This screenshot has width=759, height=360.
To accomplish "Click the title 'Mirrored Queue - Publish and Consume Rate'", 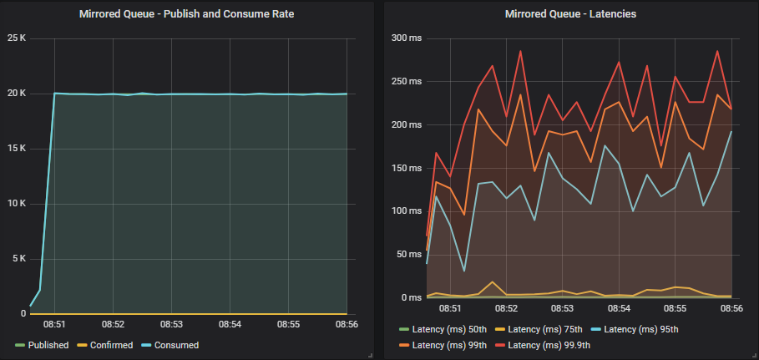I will (187, 14).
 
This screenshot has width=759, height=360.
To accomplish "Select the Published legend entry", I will (48, 345).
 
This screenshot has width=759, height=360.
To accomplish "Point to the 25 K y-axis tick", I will (17, 38).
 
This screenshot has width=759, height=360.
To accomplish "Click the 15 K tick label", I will (17, 149).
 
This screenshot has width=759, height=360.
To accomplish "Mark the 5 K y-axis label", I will (18, 258).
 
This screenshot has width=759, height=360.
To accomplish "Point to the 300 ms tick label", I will (405, 38).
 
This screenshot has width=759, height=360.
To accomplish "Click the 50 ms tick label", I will (407, 254).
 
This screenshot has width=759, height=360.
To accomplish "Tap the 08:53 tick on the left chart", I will (171, 323).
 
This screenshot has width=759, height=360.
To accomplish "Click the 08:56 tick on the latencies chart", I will (731, 308).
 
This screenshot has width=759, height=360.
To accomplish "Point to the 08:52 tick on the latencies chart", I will (506, 308).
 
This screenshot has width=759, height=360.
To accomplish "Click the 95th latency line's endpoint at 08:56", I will (731, 131).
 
